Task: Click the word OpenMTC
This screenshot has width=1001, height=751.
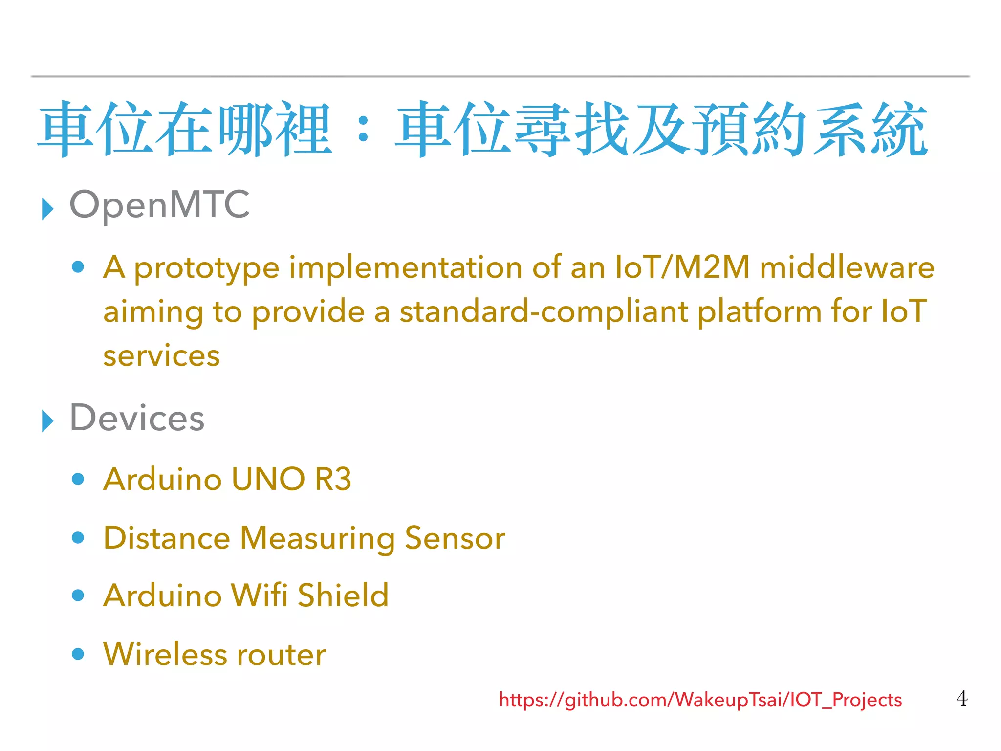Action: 159,205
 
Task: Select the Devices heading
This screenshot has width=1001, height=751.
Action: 137,419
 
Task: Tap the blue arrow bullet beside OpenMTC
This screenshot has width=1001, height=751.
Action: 47,209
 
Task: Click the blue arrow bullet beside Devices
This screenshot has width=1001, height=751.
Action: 47,421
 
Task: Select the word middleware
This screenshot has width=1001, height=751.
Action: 847,267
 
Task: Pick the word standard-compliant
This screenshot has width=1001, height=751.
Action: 544,311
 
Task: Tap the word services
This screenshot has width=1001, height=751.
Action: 161,355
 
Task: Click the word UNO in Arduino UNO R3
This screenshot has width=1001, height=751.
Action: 268,479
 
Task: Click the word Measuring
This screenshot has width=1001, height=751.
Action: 317,538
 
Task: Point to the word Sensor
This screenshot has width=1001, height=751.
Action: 455,538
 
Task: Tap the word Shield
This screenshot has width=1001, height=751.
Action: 343,596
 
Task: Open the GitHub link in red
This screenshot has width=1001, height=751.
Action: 700,700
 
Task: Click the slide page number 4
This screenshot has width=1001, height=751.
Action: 961,698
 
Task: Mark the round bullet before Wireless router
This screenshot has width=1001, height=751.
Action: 78,654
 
